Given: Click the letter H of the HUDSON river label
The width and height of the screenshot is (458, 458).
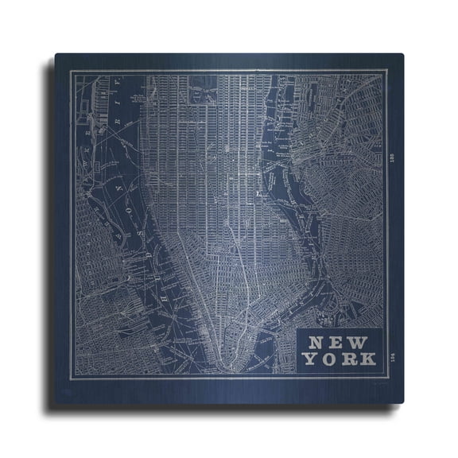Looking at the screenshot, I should click(x=164, y=296).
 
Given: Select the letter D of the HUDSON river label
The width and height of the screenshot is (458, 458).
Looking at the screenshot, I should click(x=148, y=255).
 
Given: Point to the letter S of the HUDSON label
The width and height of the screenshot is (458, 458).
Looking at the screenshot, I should click(x=140, y=232).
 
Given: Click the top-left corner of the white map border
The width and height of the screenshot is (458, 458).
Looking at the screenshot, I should click(x=70, y=71).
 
